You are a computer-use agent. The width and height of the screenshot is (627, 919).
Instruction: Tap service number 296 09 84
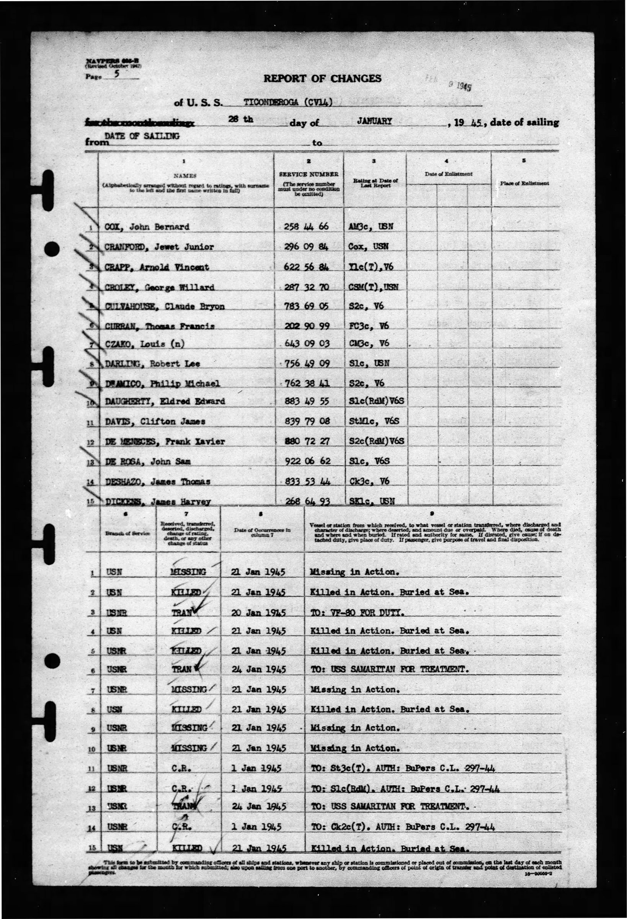coord(307,246)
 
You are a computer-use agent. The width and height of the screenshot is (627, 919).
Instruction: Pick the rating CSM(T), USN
coord(374,287)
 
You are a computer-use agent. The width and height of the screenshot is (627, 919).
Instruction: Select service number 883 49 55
coord(307,401)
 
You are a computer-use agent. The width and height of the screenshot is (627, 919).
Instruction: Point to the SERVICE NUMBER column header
coord(309,174)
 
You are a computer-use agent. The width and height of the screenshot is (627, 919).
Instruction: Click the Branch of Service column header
coord(127,533)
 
